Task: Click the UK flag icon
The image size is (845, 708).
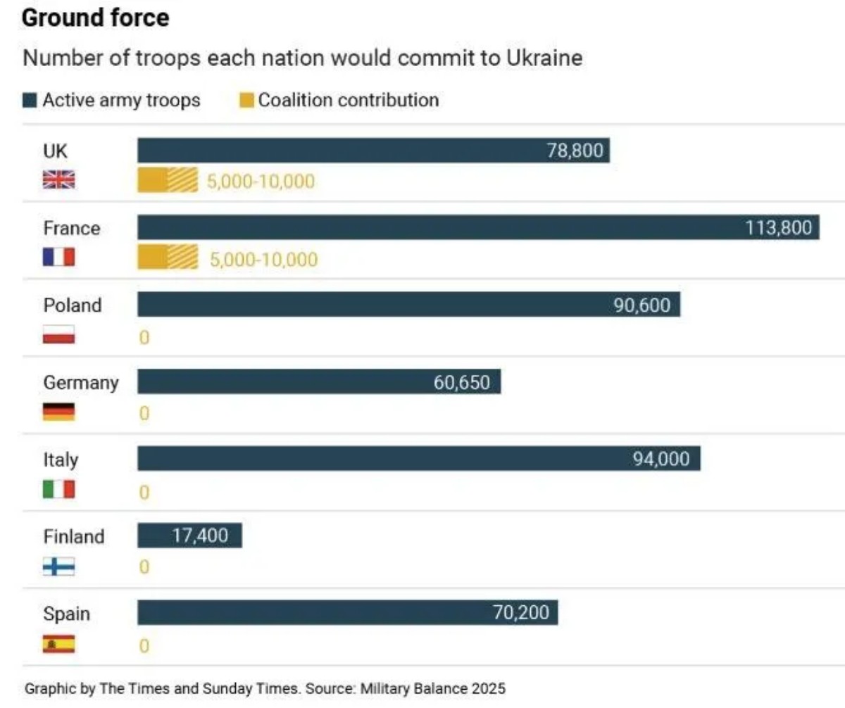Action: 58,179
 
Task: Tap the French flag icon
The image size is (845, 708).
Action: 58,257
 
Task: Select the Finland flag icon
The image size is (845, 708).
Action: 58,566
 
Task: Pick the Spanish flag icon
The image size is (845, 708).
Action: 58,644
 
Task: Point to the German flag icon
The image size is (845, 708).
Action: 58,412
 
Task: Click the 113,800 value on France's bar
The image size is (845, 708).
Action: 778,228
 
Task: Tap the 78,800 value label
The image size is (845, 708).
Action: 575,151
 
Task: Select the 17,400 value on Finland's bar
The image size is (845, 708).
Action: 200,536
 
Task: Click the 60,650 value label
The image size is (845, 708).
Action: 461,382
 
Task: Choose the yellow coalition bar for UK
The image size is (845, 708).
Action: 168,180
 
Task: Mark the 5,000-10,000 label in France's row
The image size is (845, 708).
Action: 263,259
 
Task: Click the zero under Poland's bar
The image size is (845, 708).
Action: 144,337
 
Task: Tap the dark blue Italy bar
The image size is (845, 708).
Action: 419,458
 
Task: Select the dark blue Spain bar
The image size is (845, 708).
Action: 348,612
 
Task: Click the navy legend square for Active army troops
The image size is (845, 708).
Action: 30,101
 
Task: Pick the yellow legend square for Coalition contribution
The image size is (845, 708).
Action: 246,101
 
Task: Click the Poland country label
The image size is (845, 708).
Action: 73,305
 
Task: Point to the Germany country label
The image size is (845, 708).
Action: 81,383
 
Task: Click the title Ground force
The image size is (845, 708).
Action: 96,18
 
